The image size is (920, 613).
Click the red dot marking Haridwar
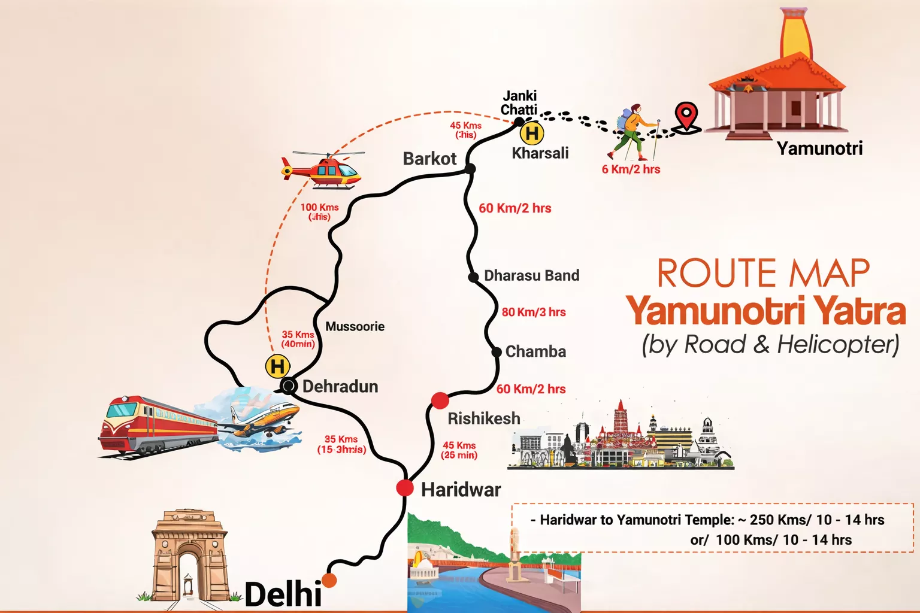point(405,488)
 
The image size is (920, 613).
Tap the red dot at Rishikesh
point(440,400)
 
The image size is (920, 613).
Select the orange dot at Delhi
point(329,579)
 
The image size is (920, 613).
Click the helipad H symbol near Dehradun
point(277,366)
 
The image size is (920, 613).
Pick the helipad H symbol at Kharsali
point(532,132)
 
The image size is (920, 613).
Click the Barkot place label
point(429,159)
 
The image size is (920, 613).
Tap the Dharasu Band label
point(531,275)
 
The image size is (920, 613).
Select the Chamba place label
point(535,351)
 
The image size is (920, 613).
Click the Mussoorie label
point(355,326)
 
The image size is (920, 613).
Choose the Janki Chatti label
point(519,102)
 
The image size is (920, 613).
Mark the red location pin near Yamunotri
point(686,115)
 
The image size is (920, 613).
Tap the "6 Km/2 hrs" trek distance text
point(631,169)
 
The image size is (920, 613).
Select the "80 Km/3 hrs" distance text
point(534,312)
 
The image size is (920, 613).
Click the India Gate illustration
point(190,557)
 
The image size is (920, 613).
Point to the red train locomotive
point(156,425)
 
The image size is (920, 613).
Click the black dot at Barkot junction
point(470,169)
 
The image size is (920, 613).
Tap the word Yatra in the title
point(861,311)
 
